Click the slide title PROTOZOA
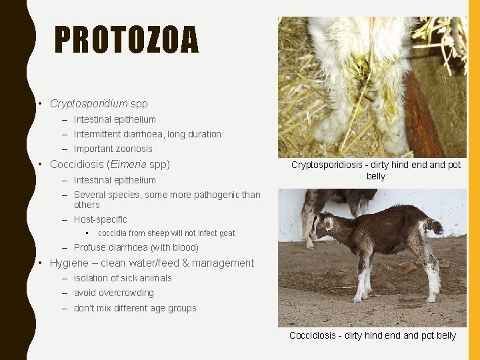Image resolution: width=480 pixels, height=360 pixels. tap(126, 39)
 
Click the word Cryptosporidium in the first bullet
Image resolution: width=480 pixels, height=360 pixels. tap(89, 104)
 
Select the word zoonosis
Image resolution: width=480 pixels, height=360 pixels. tap(133, 149)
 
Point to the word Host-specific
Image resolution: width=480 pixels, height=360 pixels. tap(100, 219)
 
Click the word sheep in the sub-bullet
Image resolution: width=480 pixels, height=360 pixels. tap(159, 233)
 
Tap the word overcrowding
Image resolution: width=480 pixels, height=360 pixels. tap(129, 293)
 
